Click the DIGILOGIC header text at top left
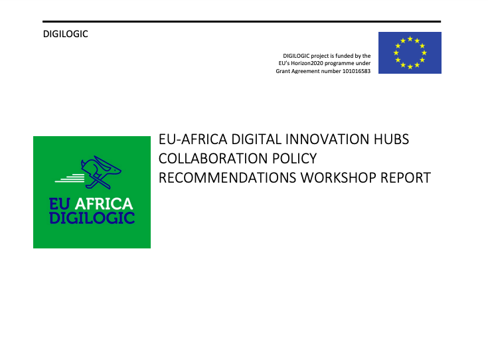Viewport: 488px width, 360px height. pos(65,34)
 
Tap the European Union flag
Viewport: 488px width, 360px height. pos(410,52)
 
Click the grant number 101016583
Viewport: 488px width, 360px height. pos(357,71)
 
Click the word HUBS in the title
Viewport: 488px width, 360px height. pos(391,139)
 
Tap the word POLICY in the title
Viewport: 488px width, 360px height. pos(294,159)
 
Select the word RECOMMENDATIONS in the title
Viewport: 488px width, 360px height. pos(228,178)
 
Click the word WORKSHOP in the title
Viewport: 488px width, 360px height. pos(339,178)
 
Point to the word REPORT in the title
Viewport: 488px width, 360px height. pos(406,178)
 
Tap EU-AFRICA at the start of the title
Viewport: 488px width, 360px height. pos(193,139)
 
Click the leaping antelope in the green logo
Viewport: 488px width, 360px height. pos(100,172)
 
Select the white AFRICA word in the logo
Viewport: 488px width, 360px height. pos(104,204)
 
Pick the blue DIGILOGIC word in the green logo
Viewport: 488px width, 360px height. pos(92,218)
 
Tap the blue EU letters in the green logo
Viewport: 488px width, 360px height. pos(60,204)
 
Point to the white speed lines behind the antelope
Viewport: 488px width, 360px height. pos(70,178)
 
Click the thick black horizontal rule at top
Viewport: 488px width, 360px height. pos(242,21)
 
